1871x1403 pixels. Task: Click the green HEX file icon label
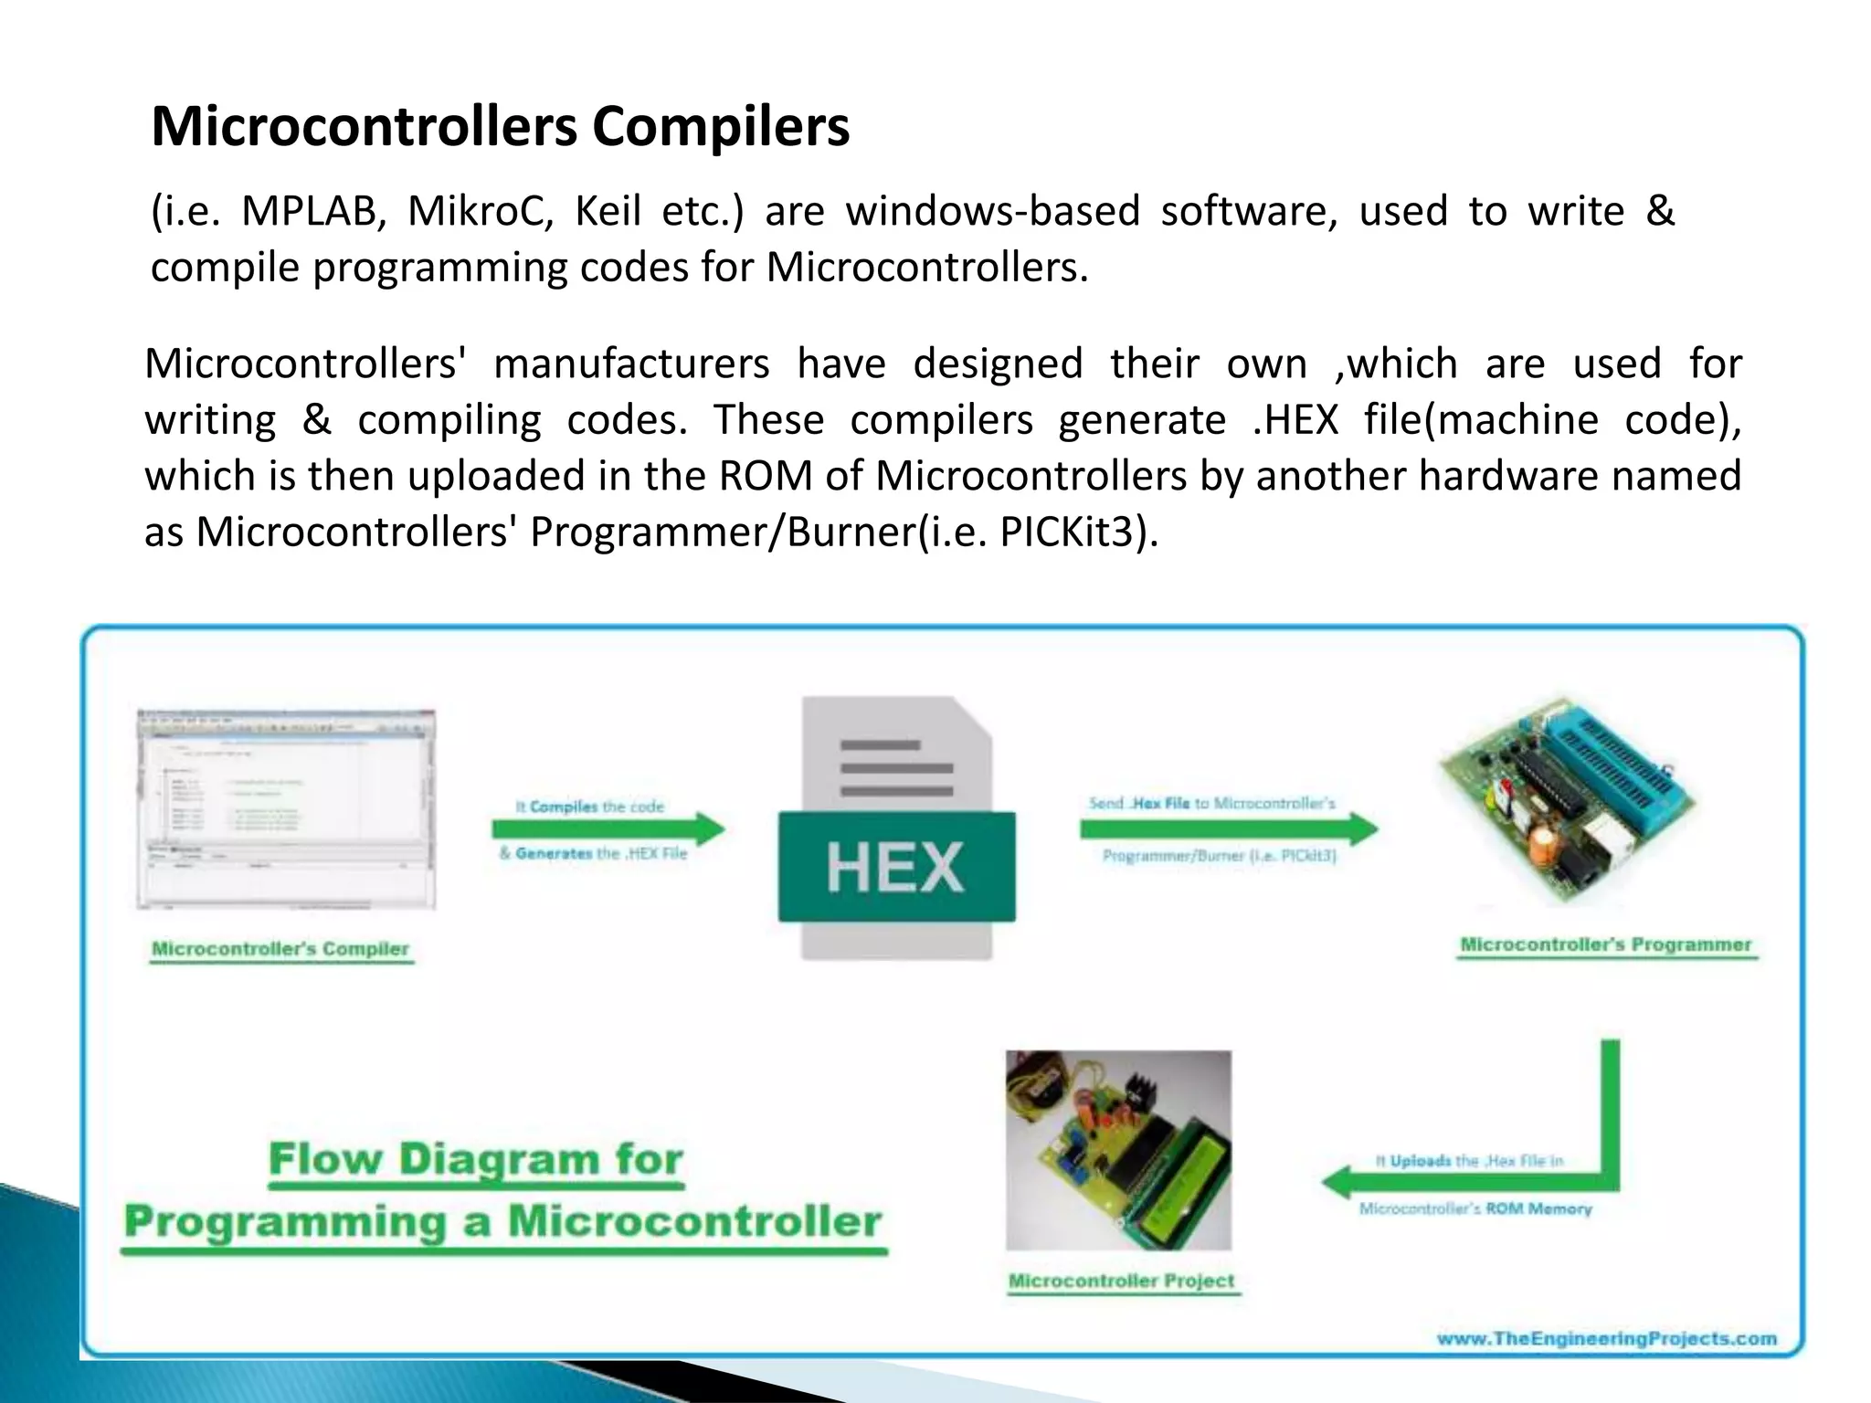[895, 866]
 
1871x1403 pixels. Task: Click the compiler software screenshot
[286, 808]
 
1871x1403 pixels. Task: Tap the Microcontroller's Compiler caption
[280, 948]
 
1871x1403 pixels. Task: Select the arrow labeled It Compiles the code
[608, 829]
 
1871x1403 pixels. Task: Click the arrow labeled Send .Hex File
[1227, 828]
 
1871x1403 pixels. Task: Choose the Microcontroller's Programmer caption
[1605, 944]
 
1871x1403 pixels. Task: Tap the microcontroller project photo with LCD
[1118, 1149]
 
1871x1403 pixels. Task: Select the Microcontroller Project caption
[1121, 1281]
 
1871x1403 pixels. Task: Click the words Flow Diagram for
[476, 1159]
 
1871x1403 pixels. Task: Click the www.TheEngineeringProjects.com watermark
[1606, 1338]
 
